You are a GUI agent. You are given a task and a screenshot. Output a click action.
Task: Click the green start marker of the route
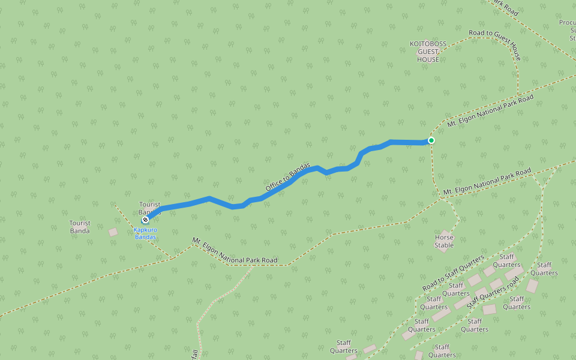point(431,140)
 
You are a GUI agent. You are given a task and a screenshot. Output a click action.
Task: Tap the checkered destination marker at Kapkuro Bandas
point(145,220)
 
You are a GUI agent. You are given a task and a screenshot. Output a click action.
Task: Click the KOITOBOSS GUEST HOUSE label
point(428,52)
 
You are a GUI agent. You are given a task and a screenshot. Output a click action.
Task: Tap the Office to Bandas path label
point(288,178)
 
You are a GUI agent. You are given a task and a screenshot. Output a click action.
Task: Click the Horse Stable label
point(444,241)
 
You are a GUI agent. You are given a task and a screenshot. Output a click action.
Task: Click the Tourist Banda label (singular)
point(80,227)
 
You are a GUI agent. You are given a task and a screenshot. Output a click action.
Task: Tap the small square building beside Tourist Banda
point(113,232)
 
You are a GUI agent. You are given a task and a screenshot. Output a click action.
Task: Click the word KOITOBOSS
point(428,44)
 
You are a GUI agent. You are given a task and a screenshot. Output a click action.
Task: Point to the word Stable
point(444,245)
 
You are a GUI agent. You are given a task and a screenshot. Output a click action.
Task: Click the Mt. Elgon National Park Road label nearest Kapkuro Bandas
point(235,251)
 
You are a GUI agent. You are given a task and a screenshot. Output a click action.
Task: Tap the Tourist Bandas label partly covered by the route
point(149,208)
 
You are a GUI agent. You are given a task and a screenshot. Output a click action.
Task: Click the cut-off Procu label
point(568,23)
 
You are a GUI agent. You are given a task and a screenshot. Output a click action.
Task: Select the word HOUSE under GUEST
point(428,59)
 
